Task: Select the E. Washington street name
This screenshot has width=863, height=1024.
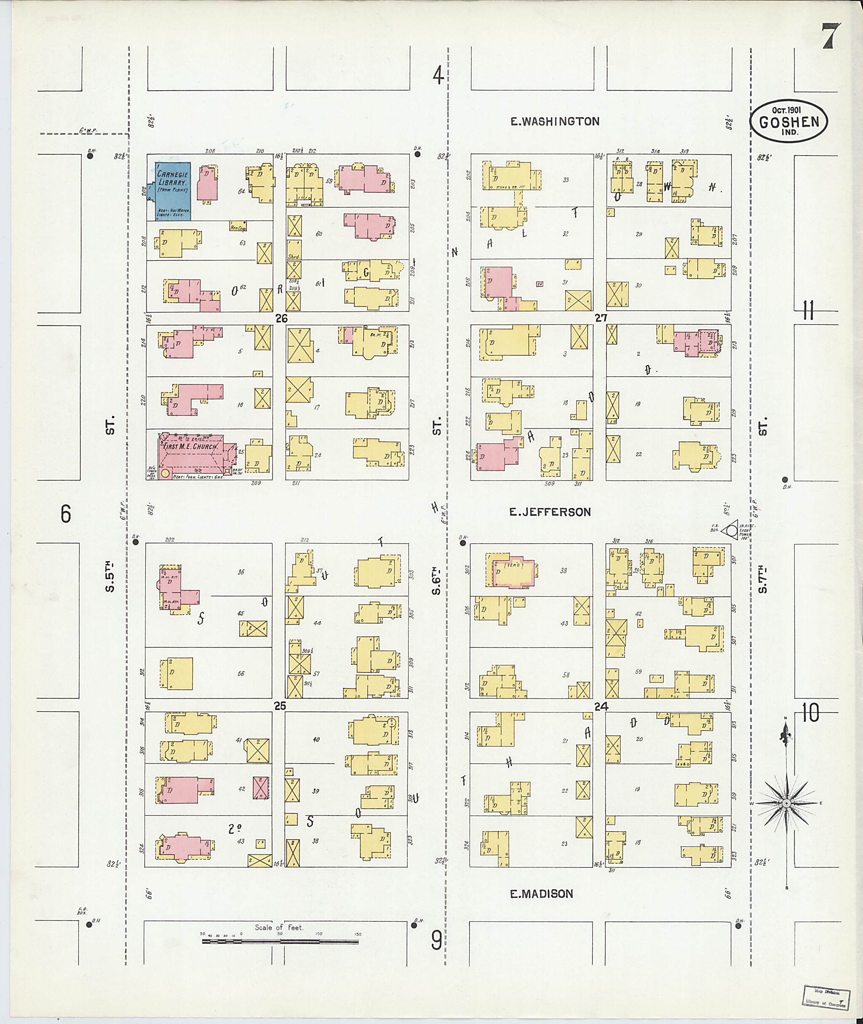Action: point(555,121)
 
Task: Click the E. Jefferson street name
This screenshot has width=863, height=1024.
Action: point(550,512)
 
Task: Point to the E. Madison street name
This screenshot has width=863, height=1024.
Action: point(541,894)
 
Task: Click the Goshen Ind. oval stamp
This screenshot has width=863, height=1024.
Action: point(789,122)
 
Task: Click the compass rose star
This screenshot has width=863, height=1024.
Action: point(786,803)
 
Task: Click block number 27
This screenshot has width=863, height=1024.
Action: point(601,318)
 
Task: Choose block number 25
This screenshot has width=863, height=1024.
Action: point(279,706)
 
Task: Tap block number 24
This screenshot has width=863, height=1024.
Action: point(601,706)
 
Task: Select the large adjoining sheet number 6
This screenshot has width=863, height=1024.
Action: point(66,514)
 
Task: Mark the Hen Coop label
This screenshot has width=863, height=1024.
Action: point(238,227)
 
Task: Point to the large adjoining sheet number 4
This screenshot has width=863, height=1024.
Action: point(438,76)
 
